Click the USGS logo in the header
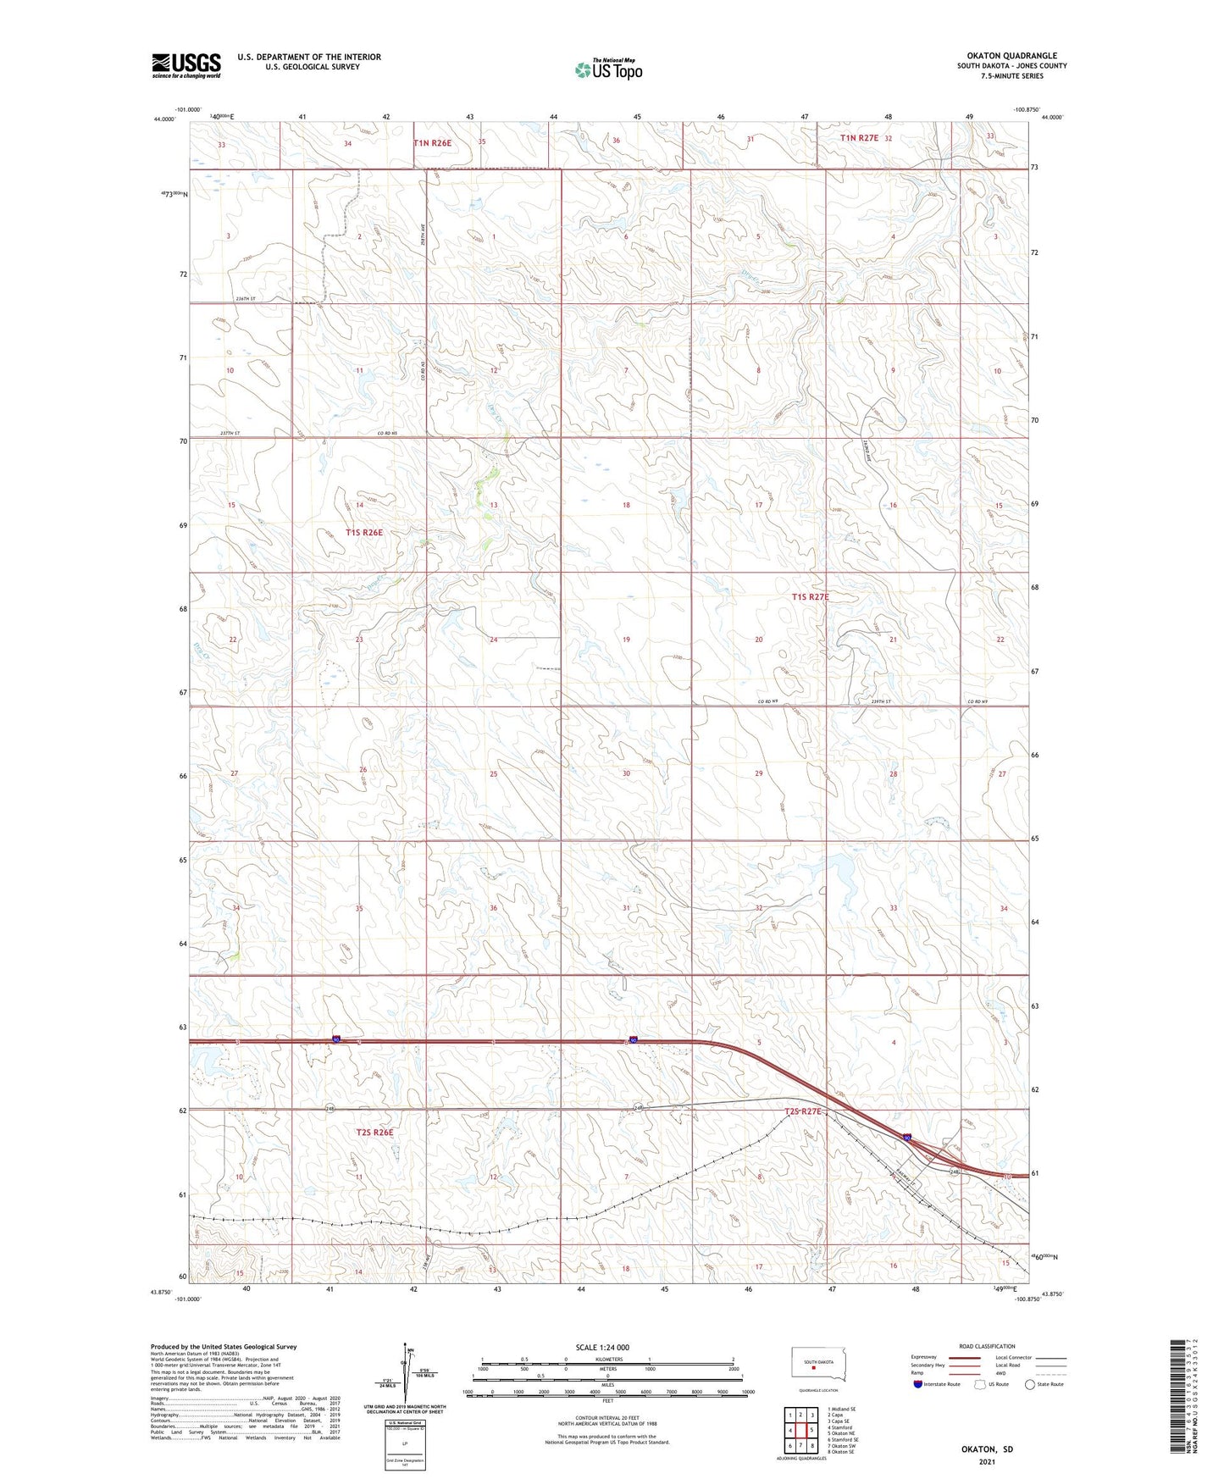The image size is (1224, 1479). click(x=186, y=65)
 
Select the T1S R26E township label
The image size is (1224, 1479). click(x=364, y=533)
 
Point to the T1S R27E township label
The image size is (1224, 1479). click(x=810, y=597)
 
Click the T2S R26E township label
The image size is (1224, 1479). click(x=374, y=1133)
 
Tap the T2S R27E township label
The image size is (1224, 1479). click(x=803, y=1111)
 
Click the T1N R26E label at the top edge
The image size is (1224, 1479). click(x=432, y=143)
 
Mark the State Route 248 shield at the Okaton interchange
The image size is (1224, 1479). click(x=955, y=1172)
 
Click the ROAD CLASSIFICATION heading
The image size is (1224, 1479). click(x=986, y=1346)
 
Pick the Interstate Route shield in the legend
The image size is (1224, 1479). click(x=918, y=1384)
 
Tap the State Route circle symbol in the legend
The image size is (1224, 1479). click(x=1030, y=1384)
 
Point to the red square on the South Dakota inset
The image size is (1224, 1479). click(x=813, y=1366)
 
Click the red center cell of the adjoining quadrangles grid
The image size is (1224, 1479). click(x=800, y=1431)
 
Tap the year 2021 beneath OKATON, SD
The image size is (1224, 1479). click(x=987, y=1461)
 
